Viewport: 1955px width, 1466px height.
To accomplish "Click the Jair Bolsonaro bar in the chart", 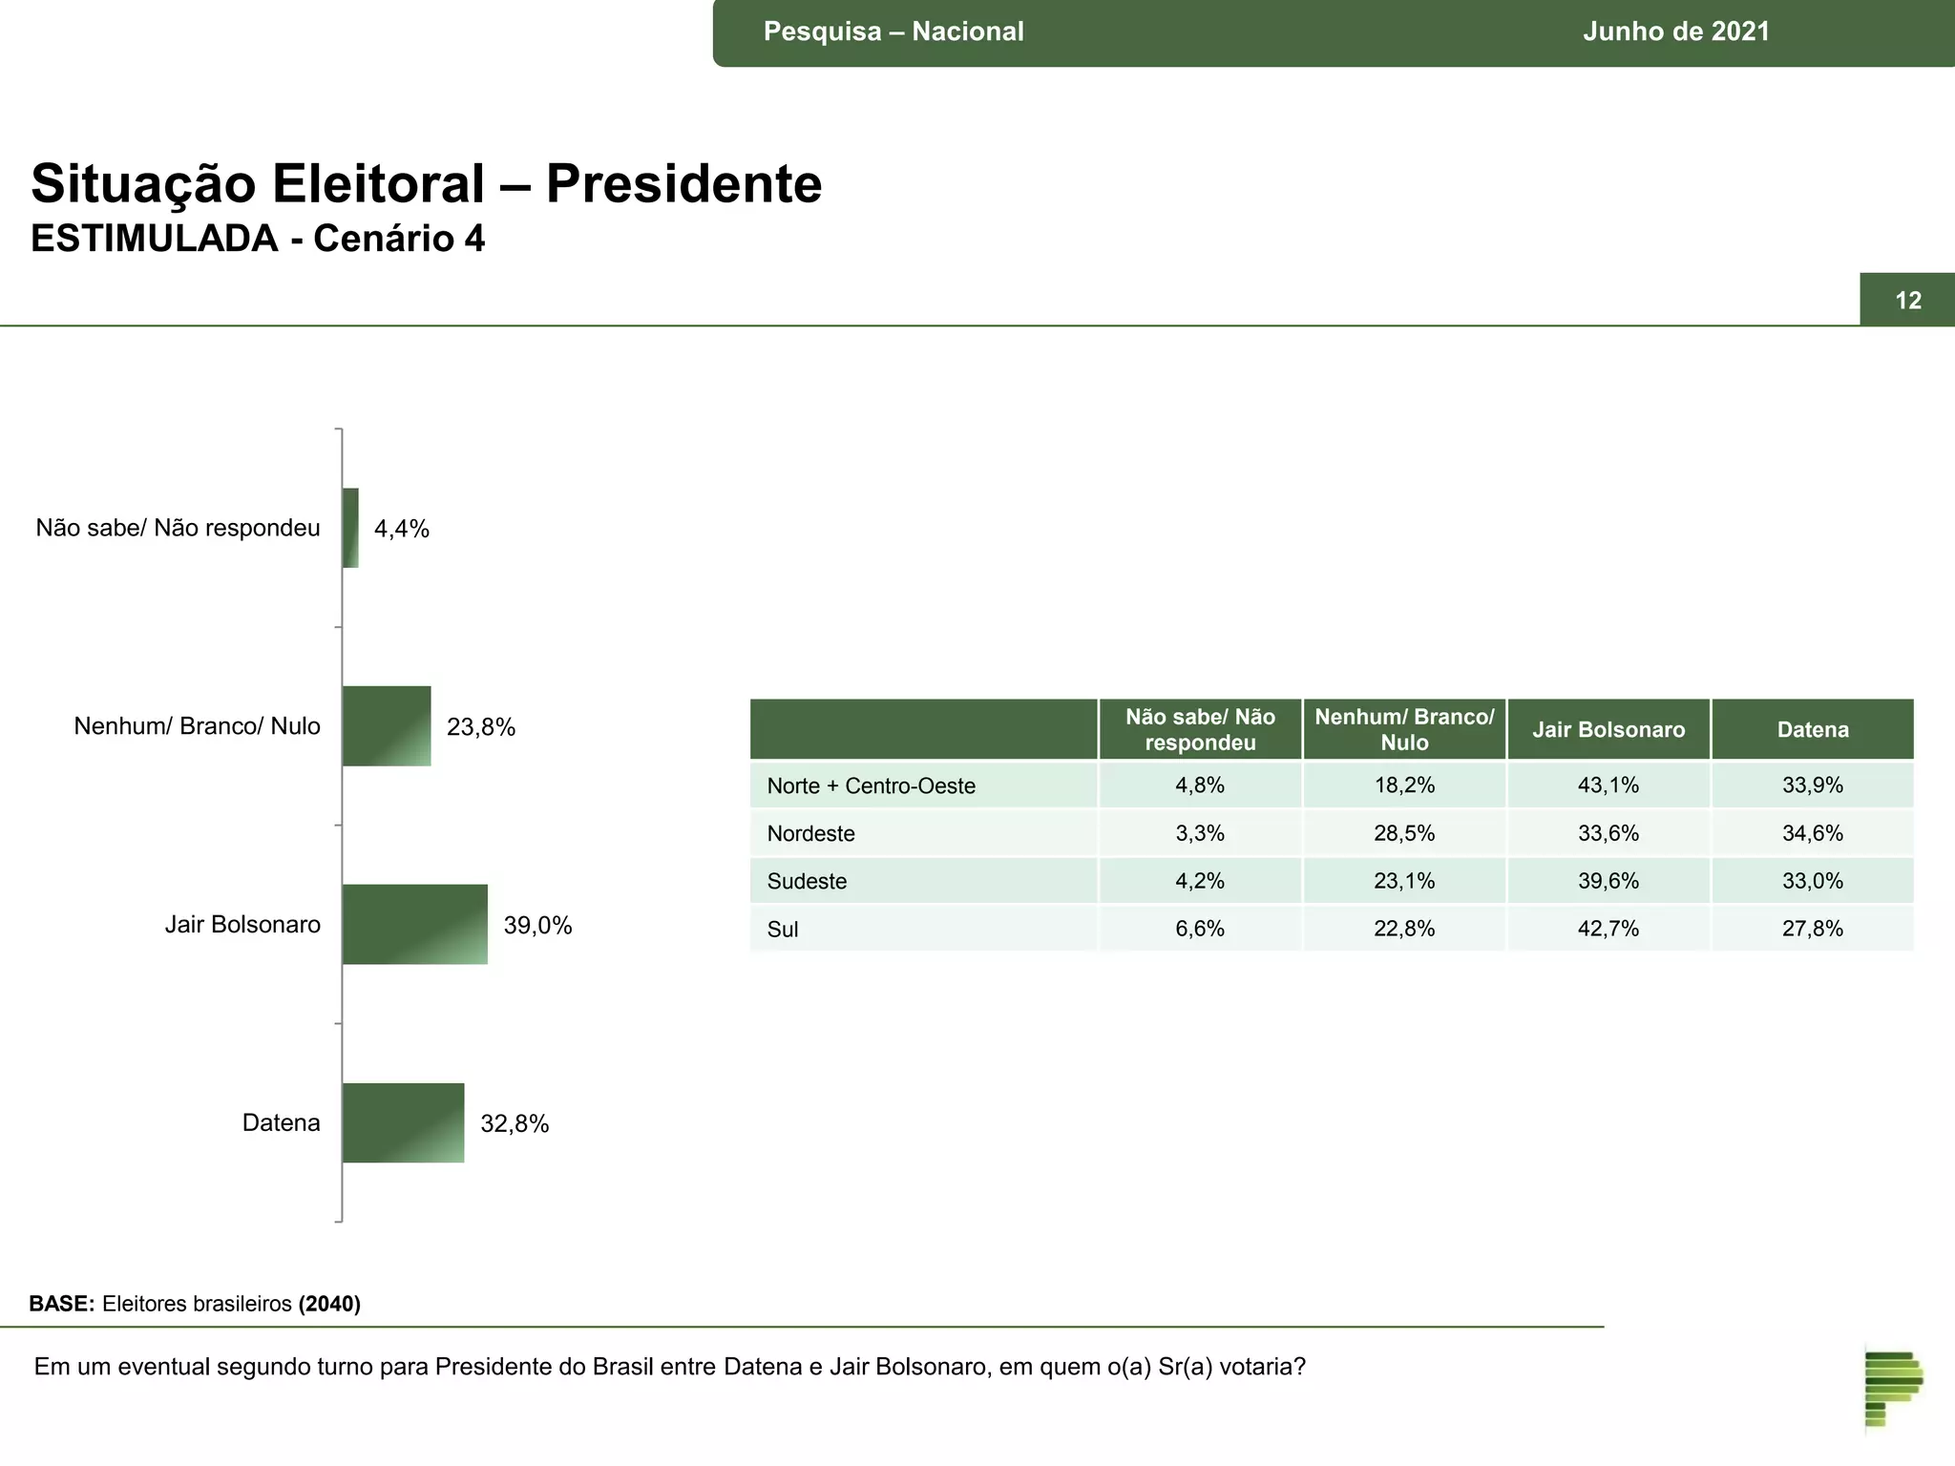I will coord(414,924).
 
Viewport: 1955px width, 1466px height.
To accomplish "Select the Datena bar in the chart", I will coord(403,1122).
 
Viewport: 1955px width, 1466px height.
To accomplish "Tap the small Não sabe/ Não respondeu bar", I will coord(350,528).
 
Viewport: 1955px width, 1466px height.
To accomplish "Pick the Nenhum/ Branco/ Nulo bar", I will coord(387,725).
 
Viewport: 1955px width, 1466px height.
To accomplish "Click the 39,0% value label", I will coord(537,925).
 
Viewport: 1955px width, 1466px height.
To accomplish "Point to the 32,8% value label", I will coord(515,1123).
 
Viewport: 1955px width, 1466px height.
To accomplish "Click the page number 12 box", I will coord(1906,301).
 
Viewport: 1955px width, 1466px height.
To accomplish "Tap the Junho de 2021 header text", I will coord(1675,31).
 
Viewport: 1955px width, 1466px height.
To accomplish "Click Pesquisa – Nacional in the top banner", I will coord(893,31).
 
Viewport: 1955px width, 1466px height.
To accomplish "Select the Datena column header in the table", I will coord(1812,730).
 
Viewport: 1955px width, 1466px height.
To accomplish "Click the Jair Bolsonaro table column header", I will coord(1608,730).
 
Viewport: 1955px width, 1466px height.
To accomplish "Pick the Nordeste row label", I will coord(810,833).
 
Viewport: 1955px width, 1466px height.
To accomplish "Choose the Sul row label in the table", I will coord(782,929).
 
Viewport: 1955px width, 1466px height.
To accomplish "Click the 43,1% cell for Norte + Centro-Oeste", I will coord(1608,785).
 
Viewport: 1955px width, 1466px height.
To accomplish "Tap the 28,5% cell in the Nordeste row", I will coord(1403,833).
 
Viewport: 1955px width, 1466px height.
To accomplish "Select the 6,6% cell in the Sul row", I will coord(1199,929).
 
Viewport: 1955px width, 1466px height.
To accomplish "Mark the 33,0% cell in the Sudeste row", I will coord(1812,881).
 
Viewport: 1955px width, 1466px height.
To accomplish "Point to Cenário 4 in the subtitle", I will coord(399,239).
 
